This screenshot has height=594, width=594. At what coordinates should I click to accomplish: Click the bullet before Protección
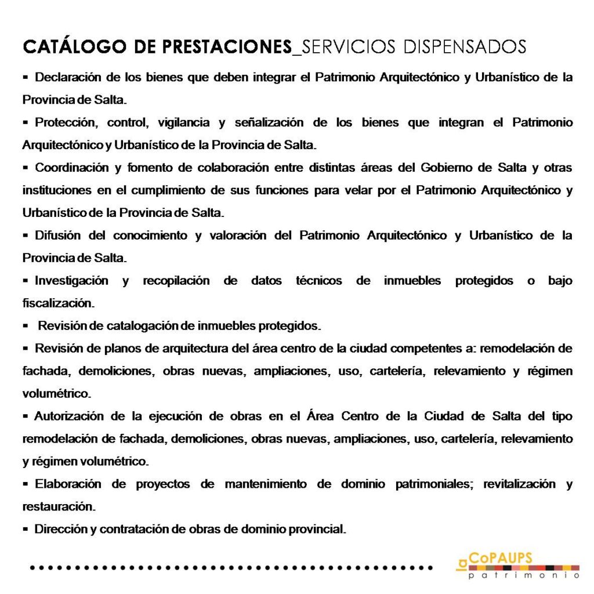click(26, 122)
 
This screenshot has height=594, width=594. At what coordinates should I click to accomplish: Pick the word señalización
click(269, 122)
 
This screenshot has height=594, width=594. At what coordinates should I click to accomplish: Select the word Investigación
click(71, 281)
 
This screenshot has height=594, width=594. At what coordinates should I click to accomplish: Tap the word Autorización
click(69, 416)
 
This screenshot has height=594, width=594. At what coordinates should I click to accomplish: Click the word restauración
click(57, 506)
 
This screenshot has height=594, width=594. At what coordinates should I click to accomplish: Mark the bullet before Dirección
click(26, 529)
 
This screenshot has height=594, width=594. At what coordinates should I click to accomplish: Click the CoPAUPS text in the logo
click(501, 558)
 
